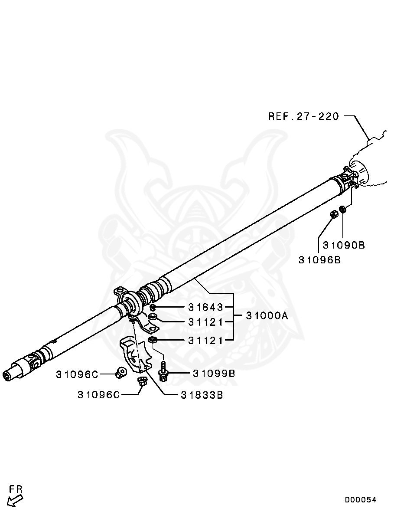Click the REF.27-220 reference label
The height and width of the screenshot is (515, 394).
click(303, 116)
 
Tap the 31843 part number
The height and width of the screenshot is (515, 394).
click(205, 307)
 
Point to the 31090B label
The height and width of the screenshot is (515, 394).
click(344, 245)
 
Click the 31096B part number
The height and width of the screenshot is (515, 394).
click(319, 260)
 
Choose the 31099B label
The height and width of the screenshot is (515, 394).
click(214, 373)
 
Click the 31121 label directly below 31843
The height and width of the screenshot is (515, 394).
click(205, 322)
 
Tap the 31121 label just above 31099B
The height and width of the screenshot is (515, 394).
click(205, 341)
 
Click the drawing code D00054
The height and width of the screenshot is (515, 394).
click(361, 500)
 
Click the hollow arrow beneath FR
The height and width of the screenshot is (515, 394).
click(15, 501)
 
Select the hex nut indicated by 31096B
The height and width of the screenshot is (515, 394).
click(334, 214)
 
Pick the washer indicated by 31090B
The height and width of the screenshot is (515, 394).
click(343, 210)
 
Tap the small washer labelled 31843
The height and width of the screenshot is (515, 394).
click(153, 308)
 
